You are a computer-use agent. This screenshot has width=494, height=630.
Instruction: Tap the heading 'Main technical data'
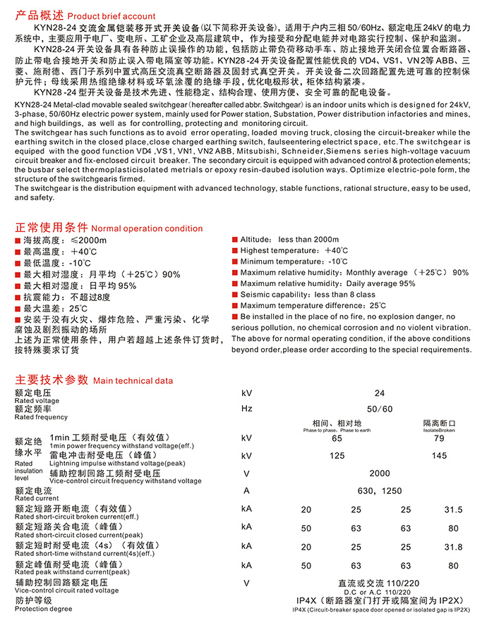pyautogui.click(x=133, y=381)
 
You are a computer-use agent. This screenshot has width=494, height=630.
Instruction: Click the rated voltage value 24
pyautogui.click(x=380, y=394)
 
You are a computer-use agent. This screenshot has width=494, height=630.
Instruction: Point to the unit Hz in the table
pyautogui.click(x=246, y=409)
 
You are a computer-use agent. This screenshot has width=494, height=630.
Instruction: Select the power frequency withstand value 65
pyautogui.click(x=337, y=438)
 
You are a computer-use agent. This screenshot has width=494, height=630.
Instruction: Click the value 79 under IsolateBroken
pyautogui.click(x=439, y=438)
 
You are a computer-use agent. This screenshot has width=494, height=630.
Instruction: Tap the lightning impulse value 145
pyautogui.click(x=439, y=456)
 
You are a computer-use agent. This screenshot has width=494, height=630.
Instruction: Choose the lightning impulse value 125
pyautogui.click(x=337, y=456)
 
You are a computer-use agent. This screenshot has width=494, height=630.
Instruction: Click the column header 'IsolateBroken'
pyautogui.click(x=439, y=428)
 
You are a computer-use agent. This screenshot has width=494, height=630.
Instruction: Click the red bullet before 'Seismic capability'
pyautogui.click(x=235, y=295)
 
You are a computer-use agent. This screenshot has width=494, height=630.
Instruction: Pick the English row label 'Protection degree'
pyautogui.click(x=43, y=608)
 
